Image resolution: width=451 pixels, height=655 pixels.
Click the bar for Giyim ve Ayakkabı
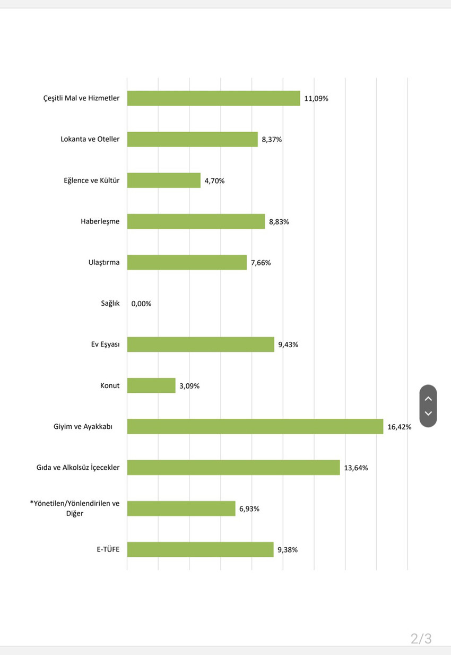(255, 426)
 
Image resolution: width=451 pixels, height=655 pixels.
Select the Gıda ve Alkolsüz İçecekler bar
(233, 467)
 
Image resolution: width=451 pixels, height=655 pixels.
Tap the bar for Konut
(151, 385)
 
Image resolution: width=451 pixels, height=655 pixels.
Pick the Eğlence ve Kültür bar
(164, 180)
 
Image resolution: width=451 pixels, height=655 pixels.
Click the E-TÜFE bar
(200, 549)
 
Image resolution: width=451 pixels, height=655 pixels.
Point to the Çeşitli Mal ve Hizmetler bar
(213, 98)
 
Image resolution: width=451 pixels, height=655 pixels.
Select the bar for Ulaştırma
(187, 262)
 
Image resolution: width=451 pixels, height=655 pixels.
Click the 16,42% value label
(399, 427)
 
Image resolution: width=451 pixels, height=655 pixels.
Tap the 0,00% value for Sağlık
(141, 304)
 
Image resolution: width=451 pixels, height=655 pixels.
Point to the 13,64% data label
(355, 468)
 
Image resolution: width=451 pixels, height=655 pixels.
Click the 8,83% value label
(279, 222)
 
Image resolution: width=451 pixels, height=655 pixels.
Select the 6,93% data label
(249, 509)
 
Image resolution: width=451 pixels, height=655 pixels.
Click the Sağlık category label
(110, 303)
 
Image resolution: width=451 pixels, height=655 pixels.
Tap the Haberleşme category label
(100, 221)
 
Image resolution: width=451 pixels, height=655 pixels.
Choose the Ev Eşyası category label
(105, 344)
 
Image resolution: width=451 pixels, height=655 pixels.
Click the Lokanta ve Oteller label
(90, 139)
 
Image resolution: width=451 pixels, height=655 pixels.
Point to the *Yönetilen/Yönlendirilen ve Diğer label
(74, 509)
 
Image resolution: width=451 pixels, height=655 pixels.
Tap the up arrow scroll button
(428, 398)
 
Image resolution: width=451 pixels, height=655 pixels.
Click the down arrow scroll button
(428, 413)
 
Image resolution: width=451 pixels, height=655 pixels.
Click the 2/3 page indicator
(421, 639)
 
